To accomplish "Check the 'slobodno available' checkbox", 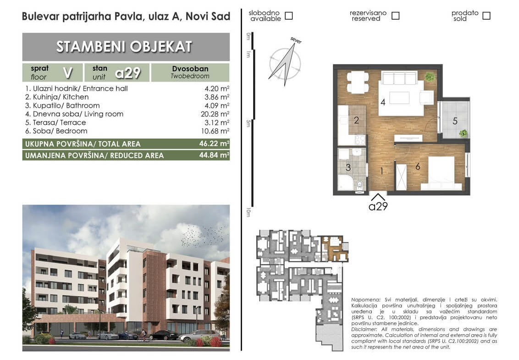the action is [289, 16].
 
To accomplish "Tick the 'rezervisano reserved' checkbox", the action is [395, 16].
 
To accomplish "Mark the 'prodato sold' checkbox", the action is [486, 16].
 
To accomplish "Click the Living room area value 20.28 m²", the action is [215, 114].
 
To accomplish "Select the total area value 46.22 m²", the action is [214, 144].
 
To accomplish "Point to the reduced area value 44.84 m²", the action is [214, 155].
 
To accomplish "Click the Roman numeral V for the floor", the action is [67, 72].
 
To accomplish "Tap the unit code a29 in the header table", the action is [128, 73].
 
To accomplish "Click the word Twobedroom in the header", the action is [190, 76].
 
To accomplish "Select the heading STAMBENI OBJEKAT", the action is [124, 47].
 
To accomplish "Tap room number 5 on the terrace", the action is [455, 121].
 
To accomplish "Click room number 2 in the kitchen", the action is [356, 120].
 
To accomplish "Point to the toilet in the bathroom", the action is [360, 185].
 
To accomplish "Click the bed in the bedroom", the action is [442, 173].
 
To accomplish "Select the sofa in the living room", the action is [399, 78].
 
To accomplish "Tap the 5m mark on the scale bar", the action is [248, 123].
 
